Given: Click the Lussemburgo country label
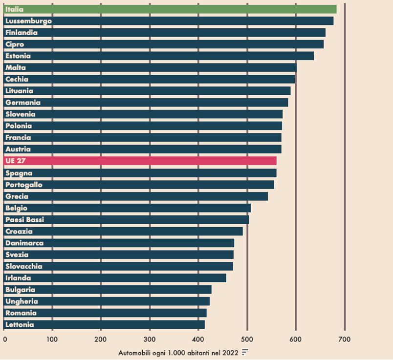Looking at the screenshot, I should (x=28, y=21).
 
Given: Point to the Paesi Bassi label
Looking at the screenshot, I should (x=24, y=220).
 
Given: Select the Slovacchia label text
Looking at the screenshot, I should (x=23, y=266).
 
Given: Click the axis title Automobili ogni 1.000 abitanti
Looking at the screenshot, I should (x=178, y=352).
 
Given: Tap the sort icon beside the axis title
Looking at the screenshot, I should (x=245, y=352).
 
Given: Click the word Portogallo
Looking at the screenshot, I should (x=23, y=185).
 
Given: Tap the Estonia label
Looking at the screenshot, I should (x=18, y=56).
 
